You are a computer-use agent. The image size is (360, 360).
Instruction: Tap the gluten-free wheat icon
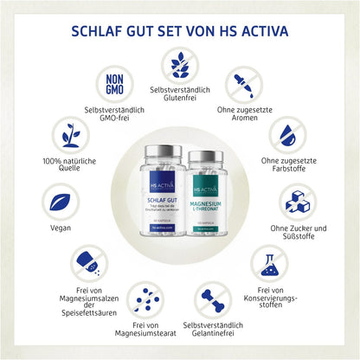click(x=180, y=66)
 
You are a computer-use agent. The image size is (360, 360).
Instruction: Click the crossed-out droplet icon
click(x=288, y=135)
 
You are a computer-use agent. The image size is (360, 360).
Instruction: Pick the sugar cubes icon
click(x=299, y=200)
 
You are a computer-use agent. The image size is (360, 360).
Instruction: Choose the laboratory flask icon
click(x=269, y=261)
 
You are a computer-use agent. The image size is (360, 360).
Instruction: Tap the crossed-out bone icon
click(x=213, y=299)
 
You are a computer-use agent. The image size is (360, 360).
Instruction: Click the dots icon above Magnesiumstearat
click(x=148, y=299)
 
